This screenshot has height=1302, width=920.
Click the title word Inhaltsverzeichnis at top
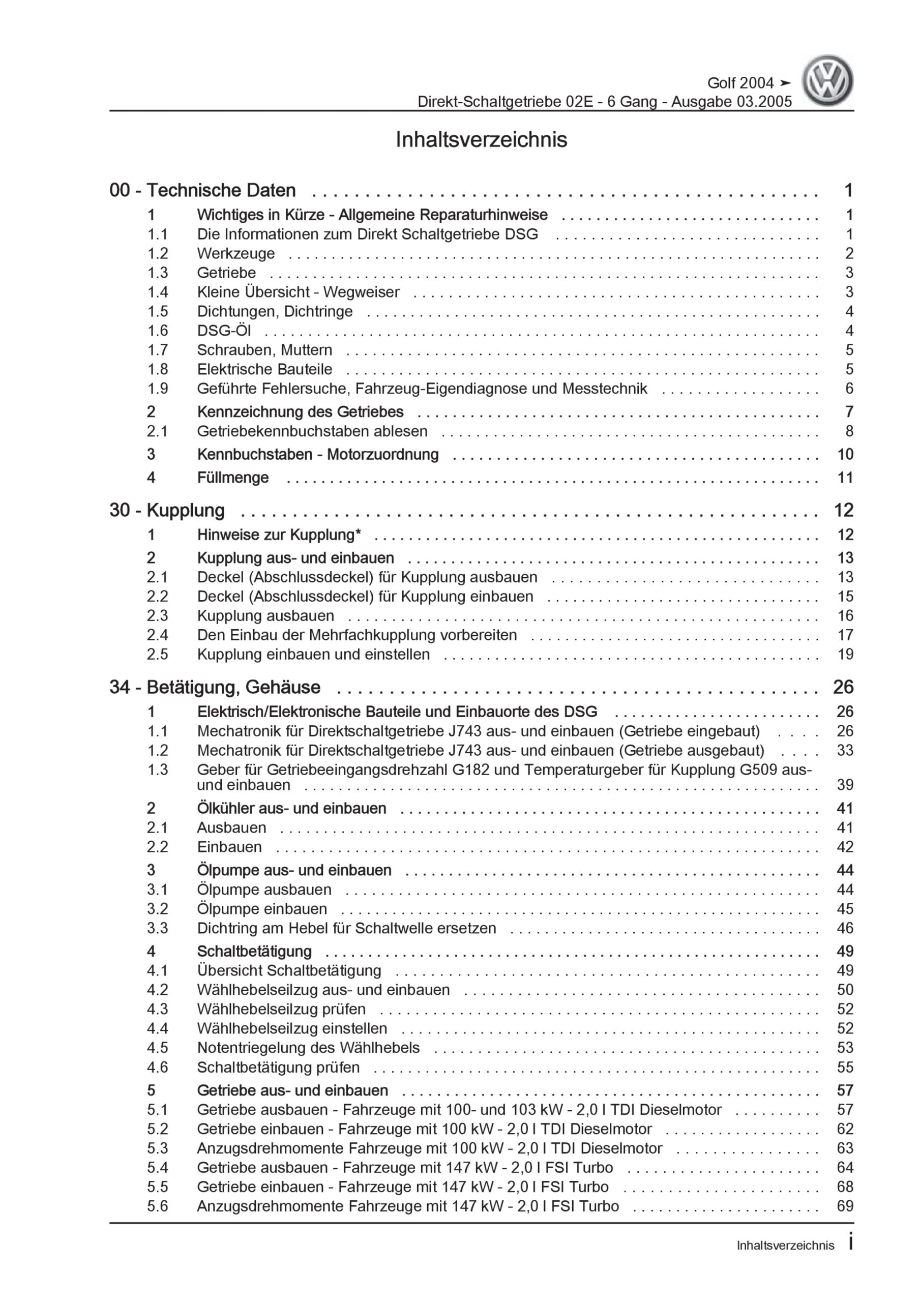click(481, 139)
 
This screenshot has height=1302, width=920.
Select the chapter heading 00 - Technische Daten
click(202, 191)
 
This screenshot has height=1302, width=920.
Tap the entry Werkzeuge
click(235, 253)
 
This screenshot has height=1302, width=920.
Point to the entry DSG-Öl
click(223, 331)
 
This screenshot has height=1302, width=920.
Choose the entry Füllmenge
click(232, 478)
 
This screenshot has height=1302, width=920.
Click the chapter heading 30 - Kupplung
click(167, 510)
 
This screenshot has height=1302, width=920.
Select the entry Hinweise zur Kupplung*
click(279, 535)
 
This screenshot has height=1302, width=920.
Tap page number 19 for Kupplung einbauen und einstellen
click(845, 655)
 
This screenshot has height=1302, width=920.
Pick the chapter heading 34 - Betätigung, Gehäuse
click(215, 687)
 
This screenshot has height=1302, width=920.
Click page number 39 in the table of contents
click(845, 785)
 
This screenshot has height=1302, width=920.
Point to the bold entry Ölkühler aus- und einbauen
click(291, 808)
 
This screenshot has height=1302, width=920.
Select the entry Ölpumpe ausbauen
click(264, 889)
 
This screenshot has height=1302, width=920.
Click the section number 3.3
click(157, 928)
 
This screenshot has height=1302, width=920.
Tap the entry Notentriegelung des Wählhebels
click(308, 1047)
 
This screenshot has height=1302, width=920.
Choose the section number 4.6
click(157, 1067)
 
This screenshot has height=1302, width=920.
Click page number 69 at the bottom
click(845, 1206)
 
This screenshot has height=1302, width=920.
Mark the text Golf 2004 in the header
click(739, 83)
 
